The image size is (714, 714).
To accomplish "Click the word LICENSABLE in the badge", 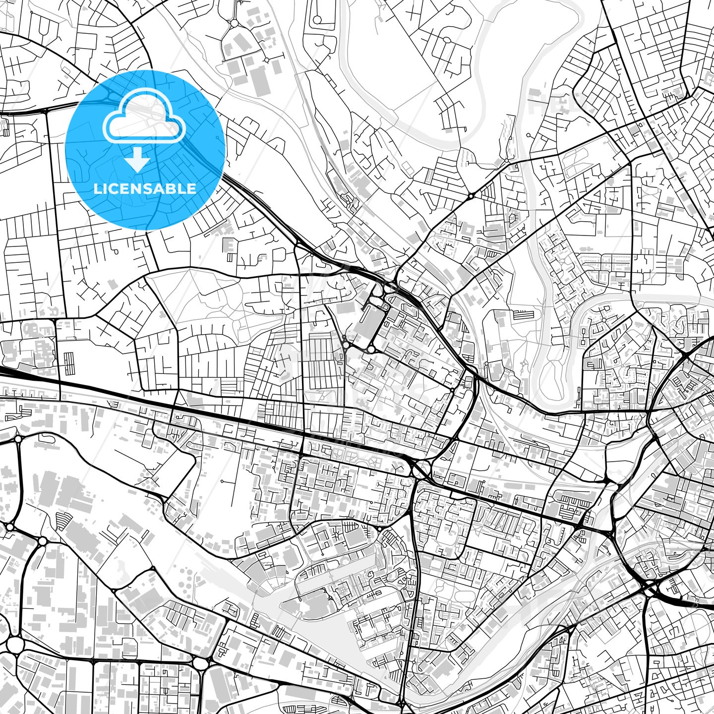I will [145, 188].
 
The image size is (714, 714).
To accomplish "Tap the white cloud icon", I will [144, 118].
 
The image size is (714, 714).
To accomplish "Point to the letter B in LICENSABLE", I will [175, 188].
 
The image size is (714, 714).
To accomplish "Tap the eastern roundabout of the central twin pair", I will [371, 349].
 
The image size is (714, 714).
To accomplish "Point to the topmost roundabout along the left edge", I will [18, 439].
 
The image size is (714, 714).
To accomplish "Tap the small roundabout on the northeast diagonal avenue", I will [470, 196].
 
